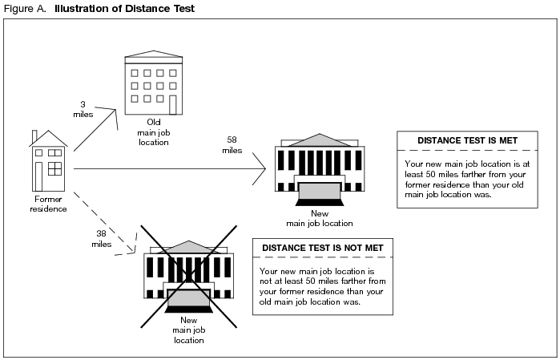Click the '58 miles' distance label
click(x=232, y=144)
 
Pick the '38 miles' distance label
click(x=101, y=238)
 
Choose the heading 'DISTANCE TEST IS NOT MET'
click(x=319, y=248)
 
